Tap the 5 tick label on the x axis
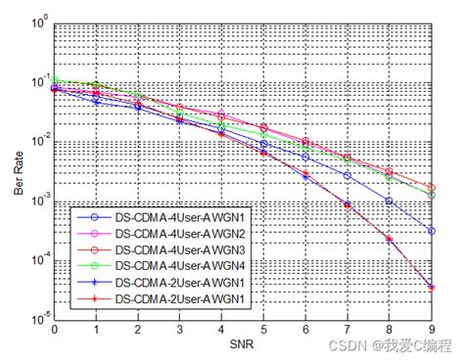tap(263, 331)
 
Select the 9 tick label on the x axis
tap(432, 331)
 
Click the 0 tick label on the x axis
tap(54, 331)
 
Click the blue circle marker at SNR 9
tap(432, 231)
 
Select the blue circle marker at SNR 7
tap(348, 175)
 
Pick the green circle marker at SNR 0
tap(54, 79)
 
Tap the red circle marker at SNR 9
tap(432, 187)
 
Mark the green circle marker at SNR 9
tap(432, 195)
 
